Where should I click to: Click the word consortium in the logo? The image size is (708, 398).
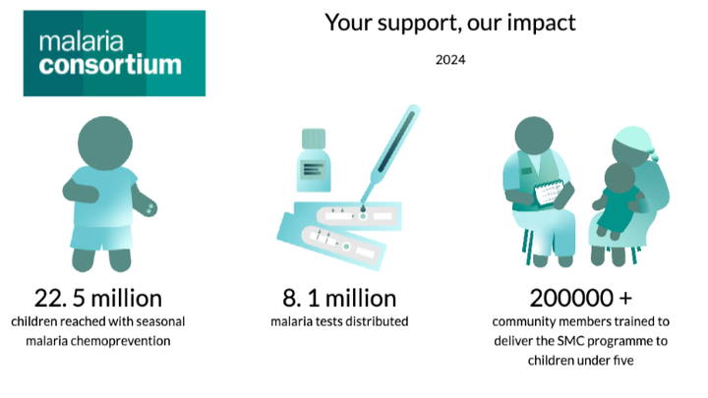point(110,65)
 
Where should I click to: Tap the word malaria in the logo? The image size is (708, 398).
point(82,41)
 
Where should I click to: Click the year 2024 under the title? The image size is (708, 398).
point(450,60)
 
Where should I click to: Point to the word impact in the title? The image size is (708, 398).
point(542,23)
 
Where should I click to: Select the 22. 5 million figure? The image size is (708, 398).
point(98,299)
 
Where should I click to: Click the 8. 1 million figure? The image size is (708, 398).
point(339,299)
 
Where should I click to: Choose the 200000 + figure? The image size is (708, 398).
point(581,298)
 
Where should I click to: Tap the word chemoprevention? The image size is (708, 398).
point(121,341)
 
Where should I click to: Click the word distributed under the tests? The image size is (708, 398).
point(379,321)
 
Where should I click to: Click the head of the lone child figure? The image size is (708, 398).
point(105,143)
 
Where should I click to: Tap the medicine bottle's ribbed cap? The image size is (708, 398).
point(314,139)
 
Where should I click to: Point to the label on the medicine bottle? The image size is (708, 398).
point(314,170)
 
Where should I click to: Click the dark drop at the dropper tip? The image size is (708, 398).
point(363,209)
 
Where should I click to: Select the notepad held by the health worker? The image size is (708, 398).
point(549,193)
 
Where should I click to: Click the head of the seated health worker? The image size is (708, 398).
point(534,136)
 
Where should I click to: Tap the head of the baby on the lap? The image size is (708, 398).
point(619,178)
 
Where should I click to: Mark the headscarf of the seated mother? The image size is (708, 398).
point(634,140)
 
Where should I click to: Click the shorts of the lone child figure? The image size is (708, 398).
point(101,238)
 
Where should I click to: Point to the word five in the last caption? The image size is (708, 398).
point(623,360)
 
